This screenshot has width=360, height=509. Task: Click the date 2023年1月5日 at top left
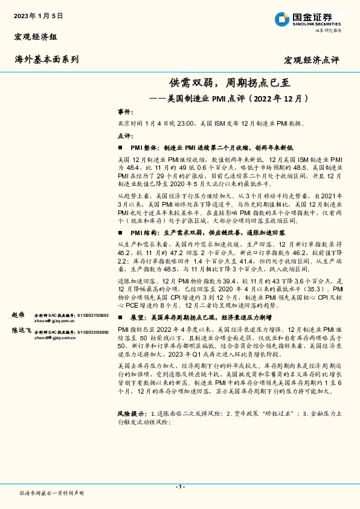point(38,15)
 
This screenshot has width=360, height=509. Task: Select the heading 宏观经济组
point(36,37)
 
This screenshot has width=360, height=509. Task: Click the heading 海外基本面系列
point(47,59)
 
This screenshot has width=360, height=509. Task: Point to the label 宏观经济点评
point(312,60)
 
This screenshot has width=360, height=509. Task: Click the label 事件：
point(124,112)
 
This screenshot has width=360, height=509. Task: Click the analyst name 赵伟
point(19,316)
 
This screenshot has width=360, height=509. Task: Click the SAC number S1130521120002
point(91,316)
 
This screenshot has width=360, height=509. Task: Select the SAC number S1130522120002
point(91,332)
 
